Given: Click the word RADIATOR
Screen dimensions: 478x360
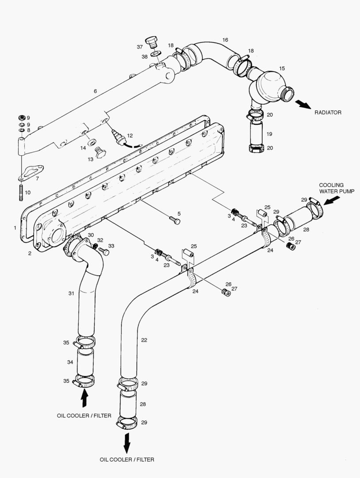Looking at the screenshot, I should tap(328, 112).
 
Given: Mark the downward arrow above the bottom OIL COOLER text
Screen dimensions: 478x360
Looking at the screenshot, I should tap(127, 443).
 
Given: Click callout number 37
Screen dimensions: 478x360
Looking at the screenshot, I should tap(140, 47).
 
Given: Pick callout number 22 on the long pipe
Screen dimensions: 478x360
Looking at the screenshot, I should tap(144, 340).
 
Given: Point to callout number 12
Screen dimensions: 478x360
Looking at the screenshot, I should tap(130, 135).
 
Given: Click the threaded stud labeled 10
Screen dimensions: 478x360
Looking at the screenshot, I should tap(20, 193).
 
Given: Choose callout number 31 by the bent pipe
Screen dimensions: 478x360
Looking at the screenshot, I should tap(71, 293).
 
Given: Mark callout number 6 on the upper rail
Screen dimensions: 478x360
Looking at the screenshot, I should tap(95, 91).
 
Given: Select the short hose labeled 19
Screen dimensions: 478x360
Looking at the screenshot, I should tap(256, 134).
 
